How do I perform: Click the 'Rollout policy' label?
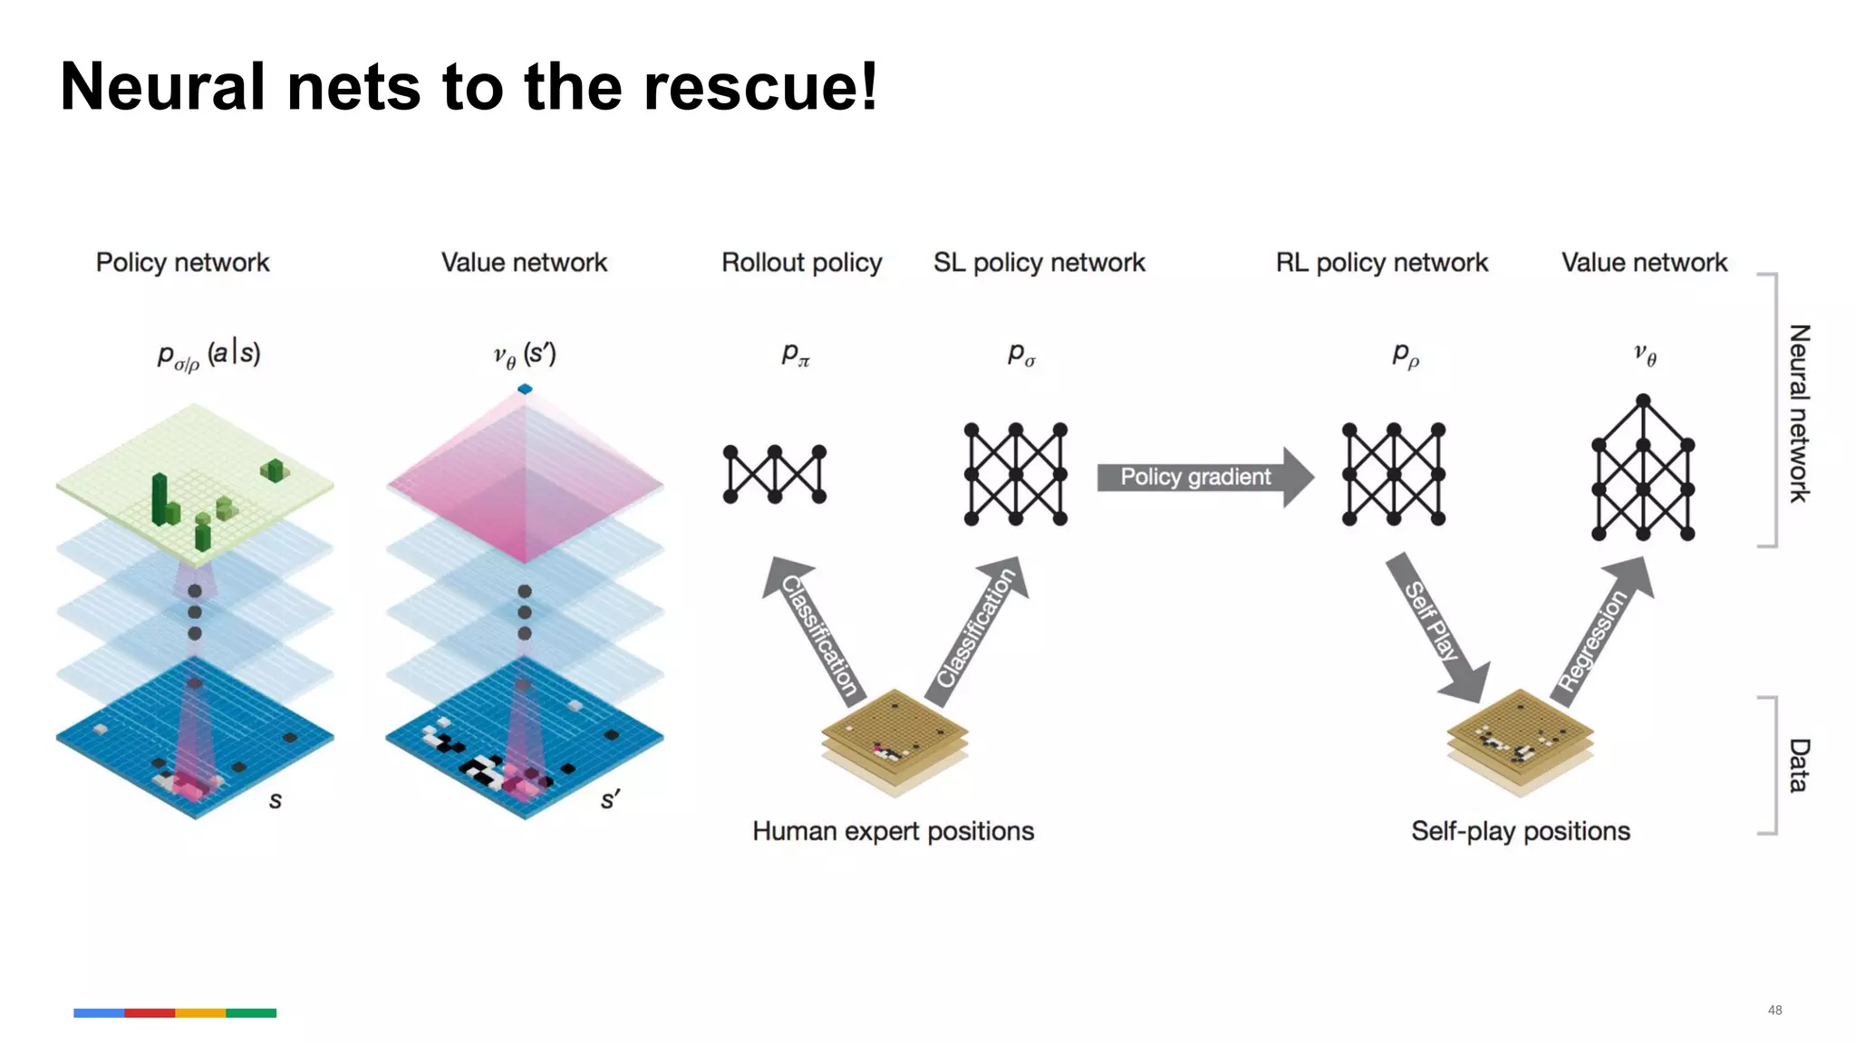[x=801, y=263]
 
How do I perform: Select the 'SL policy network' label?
[x=1039, y=263]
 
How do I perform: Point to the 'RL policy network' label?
[x=1381, y=263]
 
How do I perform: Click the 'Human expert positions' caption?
[x=893, y=831]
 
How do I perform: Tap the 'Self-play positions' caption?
[x=1520, y=831]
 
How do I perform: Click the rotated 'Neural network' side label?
[x=1798, y=413]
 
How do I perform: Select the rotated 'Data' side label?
[x=1798, y=766]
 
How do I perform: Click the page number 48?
[x=1774, y=1010]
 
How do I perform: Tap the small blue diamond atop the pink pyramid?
[x=525, y=389]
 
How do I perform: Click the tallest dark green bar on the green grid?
[x=160, y=498]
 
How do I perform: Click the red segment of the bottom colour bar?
[x=150, y=1013]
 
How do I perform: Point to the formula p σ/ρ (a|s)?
[x=208, y=355]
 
